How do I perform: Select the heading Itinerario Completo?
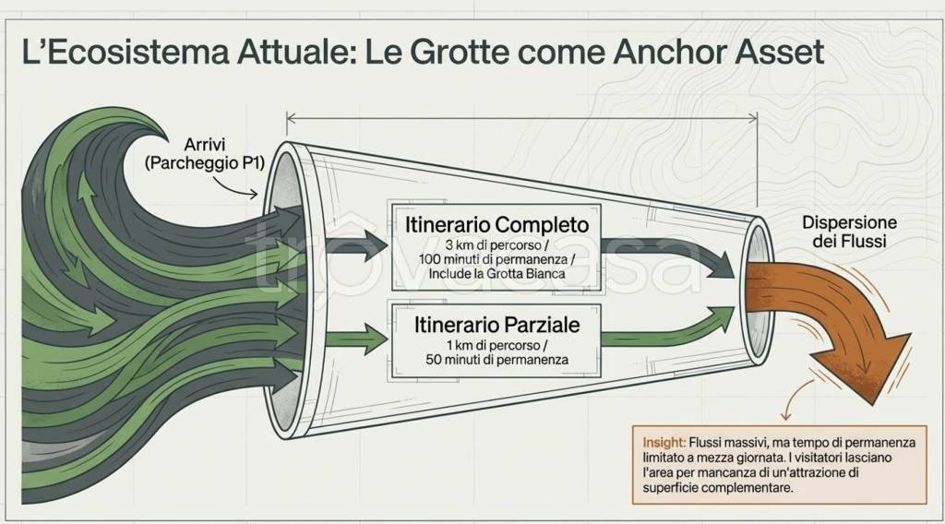click(496, 225)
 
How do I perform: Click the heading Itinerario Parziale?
click(496, 326)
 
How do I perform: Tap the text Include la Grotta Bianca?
click(496, 273)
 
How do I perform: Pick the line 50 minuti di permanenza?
click(496, 360)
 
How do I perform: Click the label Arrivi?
click(205, 145)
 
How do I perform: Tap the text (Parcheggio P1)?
click(205, 163)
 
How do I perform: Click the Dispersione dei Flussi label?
click(849, 232)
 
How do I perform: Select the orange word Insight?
click(664, 443)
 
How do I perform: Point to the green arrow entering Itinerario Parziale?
click(355, 339)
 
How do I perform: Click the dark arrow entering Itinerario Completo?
click(355, 245)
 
